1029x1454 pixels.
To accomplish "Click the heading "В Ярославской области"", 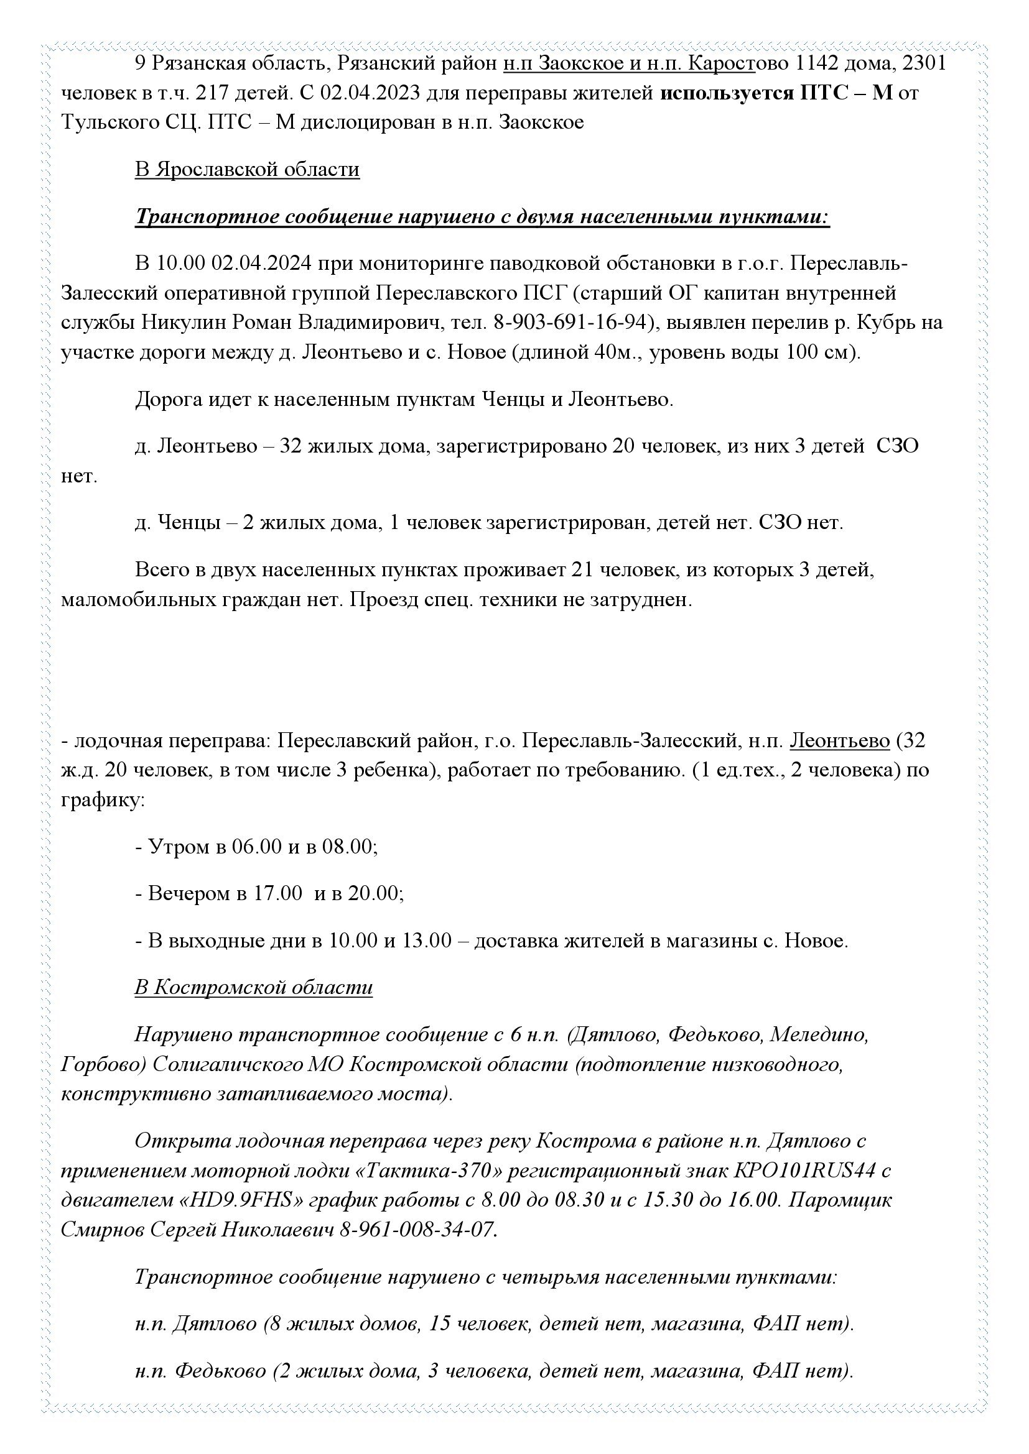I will pyautogui.click(x=247, y=170).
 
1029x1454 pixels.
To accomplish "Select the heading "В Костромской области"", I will pyautogui.click(x=253, y=987).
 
